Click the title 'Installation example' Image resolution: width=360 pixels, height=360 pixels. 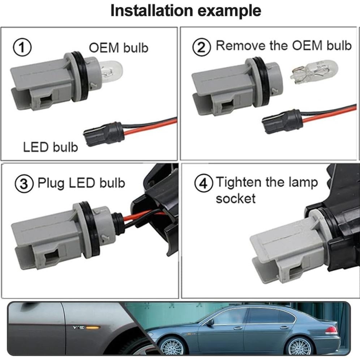tap(185, 10)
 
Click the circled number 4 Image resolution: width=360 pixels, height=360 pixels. tap(203, 184)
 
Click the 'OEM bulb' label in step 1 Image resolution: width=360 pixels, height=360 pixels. tap(119, 48)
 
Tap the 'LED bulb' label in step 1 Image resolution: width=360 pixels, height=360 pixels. tap(50, 147)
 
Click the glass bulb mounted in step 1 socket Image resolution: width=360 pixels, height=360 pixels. tap(111, 70)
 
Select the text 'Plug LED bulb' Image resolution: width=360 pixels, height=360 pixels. tap(81, 183)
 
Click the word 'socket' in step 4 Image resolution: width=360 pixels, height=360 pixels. tap(235, 198)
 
